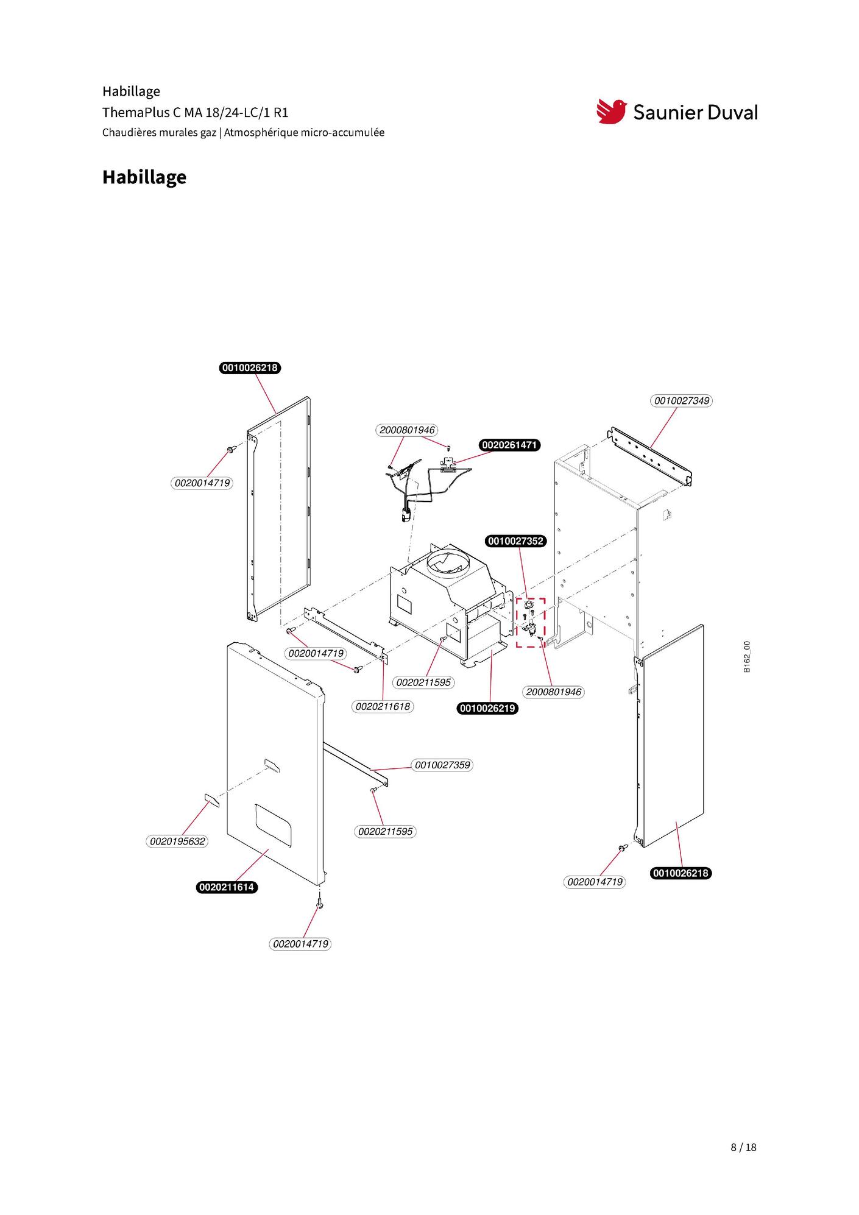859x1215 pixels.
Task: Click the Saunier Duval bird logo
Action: tap(611, 112)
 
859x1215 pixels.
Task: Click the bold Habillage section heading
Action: tap(144, 177)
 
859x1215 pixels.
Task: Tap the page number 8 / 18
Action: tap(743, 1147)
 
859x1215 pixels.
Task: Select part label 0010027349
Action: tap(682, 401)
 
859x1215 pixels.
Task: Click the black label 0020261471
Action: tap(509, 445)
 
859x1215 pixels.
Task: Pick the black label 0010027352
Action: tap(515, 541)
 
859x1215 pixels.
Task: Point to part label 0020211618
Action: tap(383, 706)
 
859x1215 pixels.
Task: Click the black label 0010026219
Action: tap(487, 708)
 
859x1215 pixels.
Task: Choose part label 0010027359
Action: tap(442, 765)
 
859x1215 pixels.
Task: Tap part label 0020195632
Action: tap(177, 841)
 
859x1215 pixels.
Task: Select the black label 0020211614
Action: tap(227, 887)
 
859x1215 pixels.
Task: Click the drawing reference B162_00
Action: tap(747, 657)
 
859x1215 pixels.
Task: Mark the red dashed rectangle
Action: tap(531, 622)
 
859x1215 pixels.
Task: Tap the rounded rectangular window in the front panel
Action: tap(274, 824)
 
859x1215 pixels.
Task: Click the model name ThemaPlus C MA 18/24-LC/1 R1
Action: tap(195, 113)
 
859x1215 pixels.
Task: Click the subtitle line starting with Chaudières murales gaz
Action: tap(243, 132)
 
